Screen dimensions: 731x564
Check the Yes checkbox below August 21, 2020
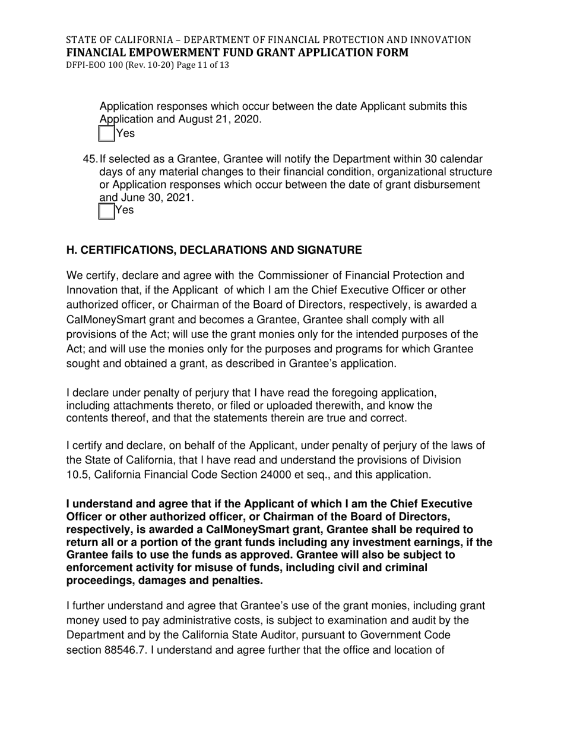point(106,133)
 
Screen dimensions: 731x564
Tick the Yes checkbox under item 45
point(106,210)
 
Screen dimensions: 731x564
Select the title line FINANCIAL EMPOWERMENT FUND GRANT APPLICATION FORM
point(237,52)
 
